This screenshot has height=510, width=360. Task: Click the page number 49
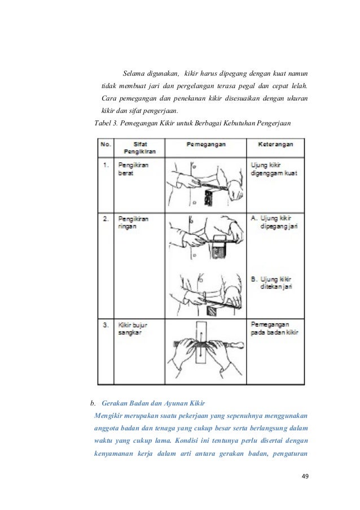305,476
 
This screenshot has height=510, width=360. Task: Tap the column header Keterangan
275,144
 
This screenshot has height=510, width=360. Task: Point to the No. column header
106,144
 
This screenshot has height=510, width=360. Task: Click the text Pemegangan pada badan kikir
274,329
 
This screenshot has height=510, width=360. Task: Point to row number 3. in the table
106,325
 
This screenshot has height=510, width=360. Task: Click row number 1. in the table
106,165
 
